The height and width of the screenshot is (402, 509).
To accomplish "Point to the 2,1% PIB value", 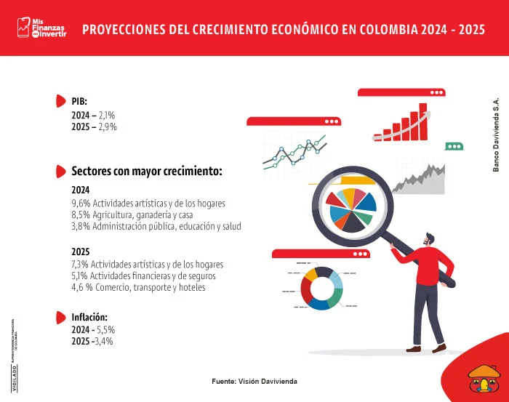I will click(106, 115).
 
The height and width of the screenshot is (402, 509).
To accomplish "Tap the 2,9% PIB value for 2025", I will click(108, 126).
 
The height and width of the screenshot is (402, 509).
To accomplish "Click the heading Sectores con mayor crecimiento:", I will click(146, 172).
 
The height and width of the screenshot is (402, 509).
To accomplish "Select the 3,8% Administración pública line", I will click(156, 226).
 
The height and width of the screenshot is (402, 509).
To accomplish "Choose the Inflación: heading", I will click(89, 318).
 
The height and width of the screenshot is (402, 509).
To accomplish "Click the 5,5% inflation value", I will click(106, 330).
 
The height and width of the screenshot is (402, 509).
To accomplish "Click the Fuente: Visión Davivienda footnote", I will click(254, 382).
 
